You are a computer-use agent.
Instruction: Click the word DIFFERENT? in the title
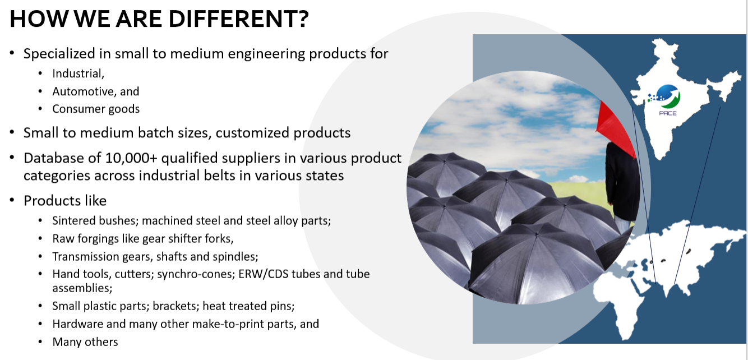point(239,19)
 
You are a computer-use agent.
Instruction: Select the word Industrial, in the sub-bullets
point(78,73)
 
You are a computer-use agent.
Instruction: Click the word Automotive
point(84,91)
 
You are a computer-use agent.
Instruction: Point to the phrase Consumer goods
point(96,109)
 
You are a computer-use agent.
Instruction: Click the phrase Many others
point(85,342)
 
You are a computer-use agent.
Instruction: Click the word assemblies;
point(82,288)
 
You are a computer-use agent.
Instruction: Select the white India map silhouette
point(681,97)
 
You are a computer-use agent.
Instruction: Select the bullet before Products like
point(12,200)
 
